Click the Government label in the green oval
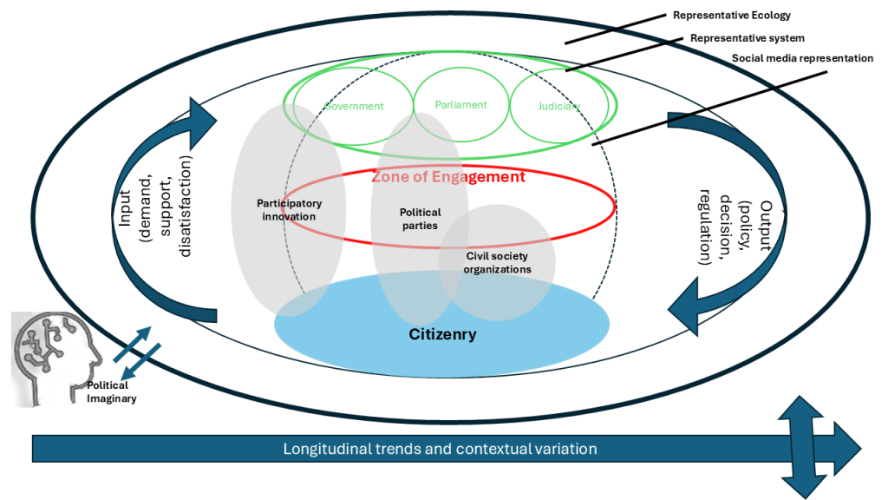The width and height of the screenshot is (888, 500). tap(354, 106)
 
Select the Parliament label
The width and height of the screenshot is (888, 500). tap(461, 105)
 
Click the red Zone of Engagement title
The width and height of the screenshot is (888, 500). tap(448, 177)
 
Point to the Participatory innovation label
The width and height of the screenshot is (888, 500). tap(289, 209)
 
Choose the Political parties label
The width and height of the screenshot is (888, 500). tap(420, 219)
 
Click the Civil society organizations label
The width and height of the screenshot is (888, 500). tap(497, 262)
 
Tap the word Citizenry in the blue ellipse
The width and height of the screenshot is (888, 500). tap(442, 333)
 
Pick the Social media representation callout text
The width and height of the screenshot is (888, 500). tap(802, 58)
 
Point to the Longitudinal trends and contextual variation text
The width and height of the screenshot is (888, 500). tap(440, 450)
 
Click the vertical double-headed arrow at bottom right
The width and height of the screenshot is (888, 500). tap(806, 449)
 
